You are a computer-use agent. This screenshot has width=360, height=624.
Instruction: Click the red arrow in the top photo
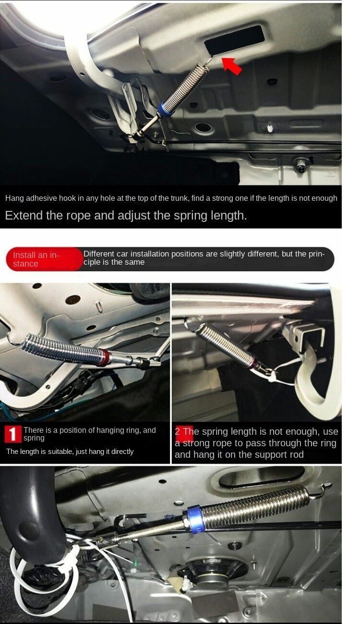(232, 65)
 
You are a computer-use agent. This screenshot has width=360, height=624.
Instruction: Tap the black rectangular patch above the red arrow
(234, 39)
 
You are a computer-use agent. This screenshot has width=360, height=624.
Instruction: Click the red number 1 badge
(13, 434)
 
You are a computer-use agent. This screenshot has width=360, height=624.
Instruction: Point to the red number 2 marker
(184, 432)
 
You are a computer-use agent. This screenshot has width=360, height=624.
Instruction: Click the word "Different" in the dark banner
(98, 254)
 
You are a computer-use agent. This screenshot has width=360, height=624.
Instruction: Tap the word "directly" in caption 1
(122, 452)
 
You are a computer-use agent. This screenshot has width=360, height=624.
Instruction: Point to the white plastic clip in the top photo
(269, 128)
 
